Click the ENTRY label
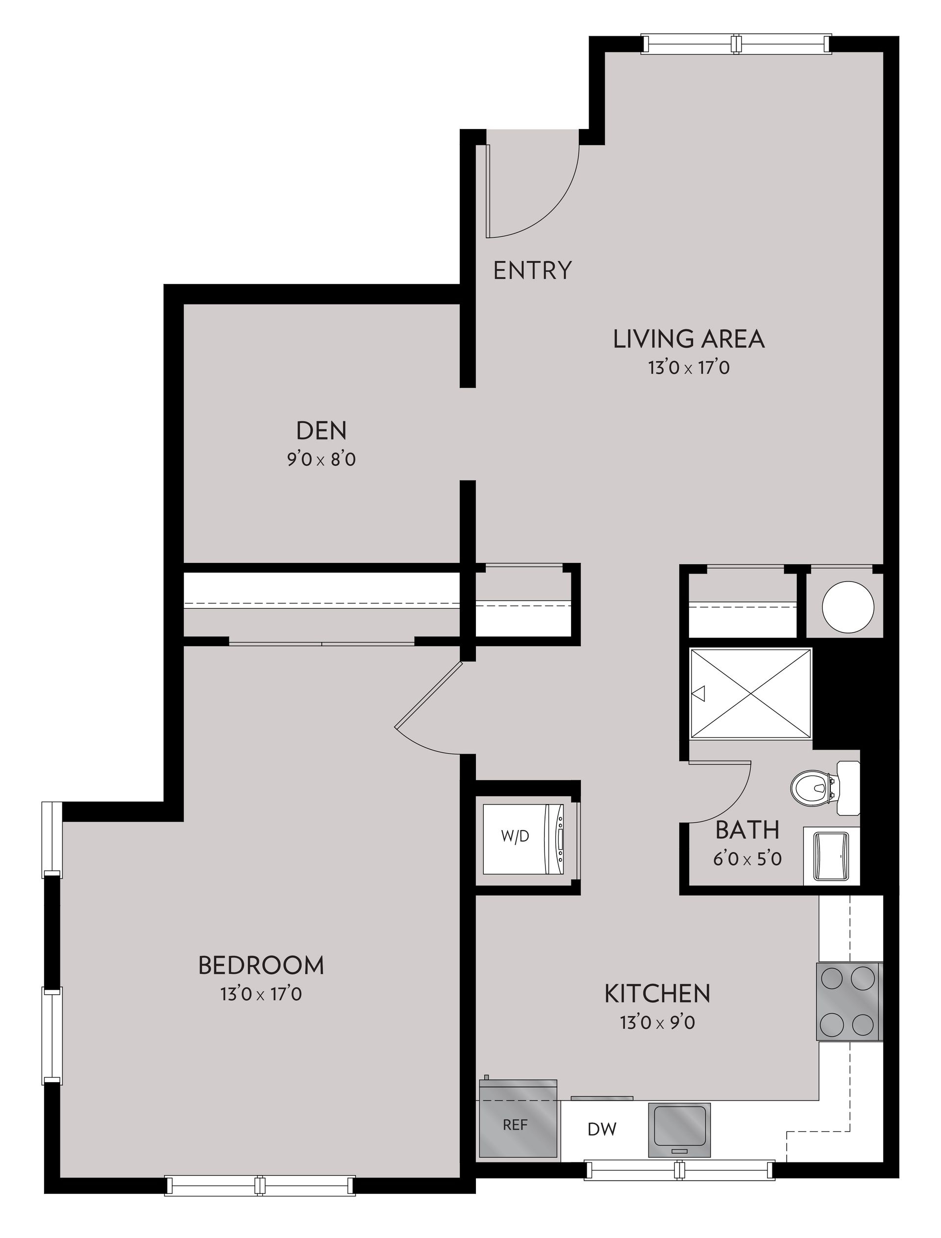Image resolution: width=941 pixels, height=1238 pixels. (x=532, y=271)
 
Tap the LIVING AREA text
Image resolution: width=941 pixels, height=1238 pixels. (x=689, y=339)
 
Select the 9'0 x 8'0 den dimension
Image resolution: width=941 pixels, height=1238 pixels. (x=322, y=460)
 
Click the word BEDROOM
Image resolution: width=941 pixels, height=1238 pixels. (x=261, y=965)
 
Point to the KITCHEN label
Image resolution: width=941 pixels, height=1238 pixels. (x=657, y=994)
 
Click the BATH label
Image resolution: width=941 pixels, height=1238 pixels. (x=747, y=830)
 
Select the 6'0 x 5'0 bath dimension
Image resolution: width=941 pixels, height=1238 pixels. (x=747, y=859)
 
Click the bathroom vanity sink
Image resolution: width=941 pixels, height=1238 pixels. (x=831, y=856)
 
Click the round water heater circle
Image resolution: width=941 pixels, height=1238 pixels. (x=847, y=606)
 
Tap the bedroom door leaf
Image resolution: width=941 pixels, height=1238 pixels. (x=428, y=695)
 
